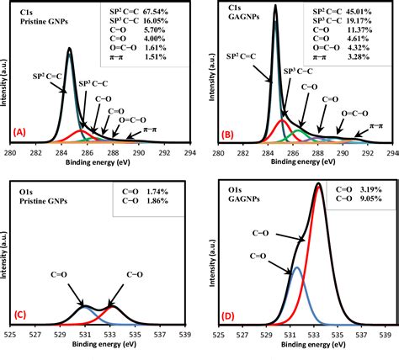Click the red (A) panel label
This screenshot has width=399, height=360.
coord(21,133)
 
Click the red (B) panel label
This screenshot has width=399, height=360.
coord(226,133)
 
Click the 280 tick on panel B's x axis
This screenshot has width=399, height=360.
coord(218,153)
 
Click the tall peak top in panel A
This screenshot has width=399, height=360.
coord(69,49)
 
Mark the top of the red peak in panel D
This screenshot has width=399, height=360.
coord(318,185)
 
